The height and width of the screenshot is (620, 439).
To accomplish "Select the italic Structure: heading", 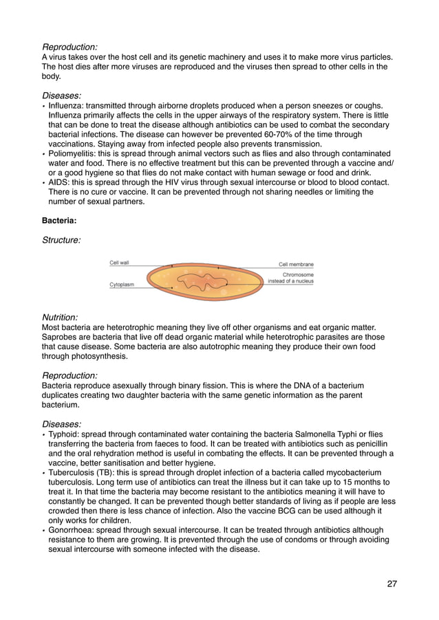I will click(x=62, y=241).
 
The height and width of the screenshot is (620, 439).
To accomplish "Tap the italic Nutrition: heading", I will click(x=61, y=317).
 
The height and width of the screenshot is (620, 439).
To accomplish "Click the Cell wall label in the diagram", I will click(x=119, y=263).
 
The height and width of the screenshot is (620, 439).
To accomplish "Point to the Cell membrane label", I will click(x=296, y=264).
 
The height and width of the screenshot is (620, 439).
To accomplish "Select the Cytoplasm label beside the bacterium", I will click(x=122, y=284).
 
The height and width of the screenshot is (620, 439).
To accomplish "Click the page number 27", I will click(x=392, y=584).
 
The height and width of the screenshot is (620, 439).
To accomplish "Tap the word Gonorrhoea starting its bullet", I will click(x=73, y=530).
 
